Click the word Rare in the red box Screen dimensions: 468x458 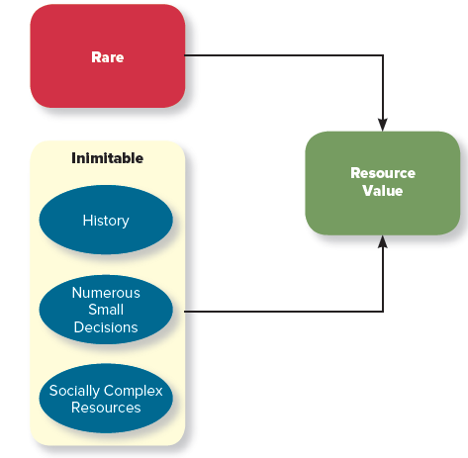point(108,57)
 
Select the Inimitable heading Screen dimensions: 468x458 point(108,158)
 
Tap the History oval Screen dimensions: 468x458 point(106,220)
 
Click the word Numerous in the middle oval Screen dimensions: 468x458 point(106,293)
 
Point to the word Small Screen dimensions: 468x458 point(106,310)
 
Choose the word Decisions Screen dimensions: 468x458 point(106,327)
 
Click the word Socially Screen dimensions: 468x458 point(74,391)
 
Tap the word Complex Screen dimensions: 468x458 point(133,391)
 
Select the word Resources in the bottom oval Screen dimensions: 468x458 point(106,408)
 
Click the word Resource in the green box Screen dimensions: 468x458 point(383,173)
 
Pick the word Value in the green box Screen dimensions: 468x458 point(383,191)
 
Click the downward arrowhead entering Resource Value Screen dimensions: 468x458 point(383,125)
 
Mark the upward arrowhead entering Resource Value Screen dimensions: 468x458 point(383,242)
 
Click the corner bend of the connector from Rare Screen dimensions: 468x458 point(383,55)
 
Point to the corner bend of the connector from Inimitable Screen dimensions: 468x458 point(383,311)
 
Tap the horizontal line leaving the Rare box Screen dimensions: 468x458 point(284,55)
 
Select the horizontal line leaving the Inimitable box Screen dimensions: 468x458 point(284,311)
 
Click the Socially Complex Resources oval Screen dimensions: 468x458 point(106,398)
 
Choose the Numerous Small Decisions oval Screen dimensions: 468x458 point(106,310)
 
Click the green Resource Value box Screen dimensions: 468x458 point(383,183)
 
